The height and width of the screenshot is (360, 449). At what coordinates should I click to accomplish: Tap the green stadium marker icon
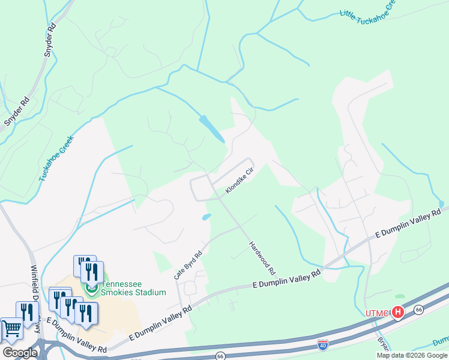[x=91, y=289]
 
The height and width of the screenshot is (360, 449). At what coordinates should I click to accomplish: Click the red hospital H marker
[x=397, y=312]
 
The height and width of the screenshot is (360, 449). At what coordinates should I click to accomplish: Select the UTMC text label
[x=377, y=313]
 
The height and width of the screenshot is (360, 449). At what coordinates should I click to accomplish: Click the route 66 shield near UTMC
[x=418, y=309]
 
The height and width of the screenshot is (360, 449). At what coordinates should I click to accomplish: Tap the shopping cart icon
[x=11, y=328]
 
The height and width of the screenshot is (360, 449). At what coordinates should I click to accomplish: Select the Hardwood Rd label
[x=262, y=255]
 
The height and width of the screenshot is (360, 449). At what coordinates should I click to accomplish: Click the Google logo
[x=20, y=352]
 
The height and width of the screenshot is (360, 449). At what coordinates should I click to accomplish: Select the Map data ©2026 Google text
[x=412, y=355]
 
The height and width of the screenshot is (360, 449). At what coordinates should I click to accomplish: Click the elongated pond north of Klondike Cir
[x=212, y=128]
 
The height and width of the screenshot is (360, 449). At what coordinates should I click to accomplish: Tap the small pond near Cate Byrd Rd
[x=206, y=217]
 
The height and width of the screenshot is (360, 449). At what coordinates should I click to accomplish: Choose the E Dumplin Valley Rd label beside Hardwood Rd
[x=286, y=279]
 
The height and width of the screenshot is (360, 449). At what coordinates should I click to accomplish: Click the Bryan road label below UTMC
[x=383, y=343]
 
